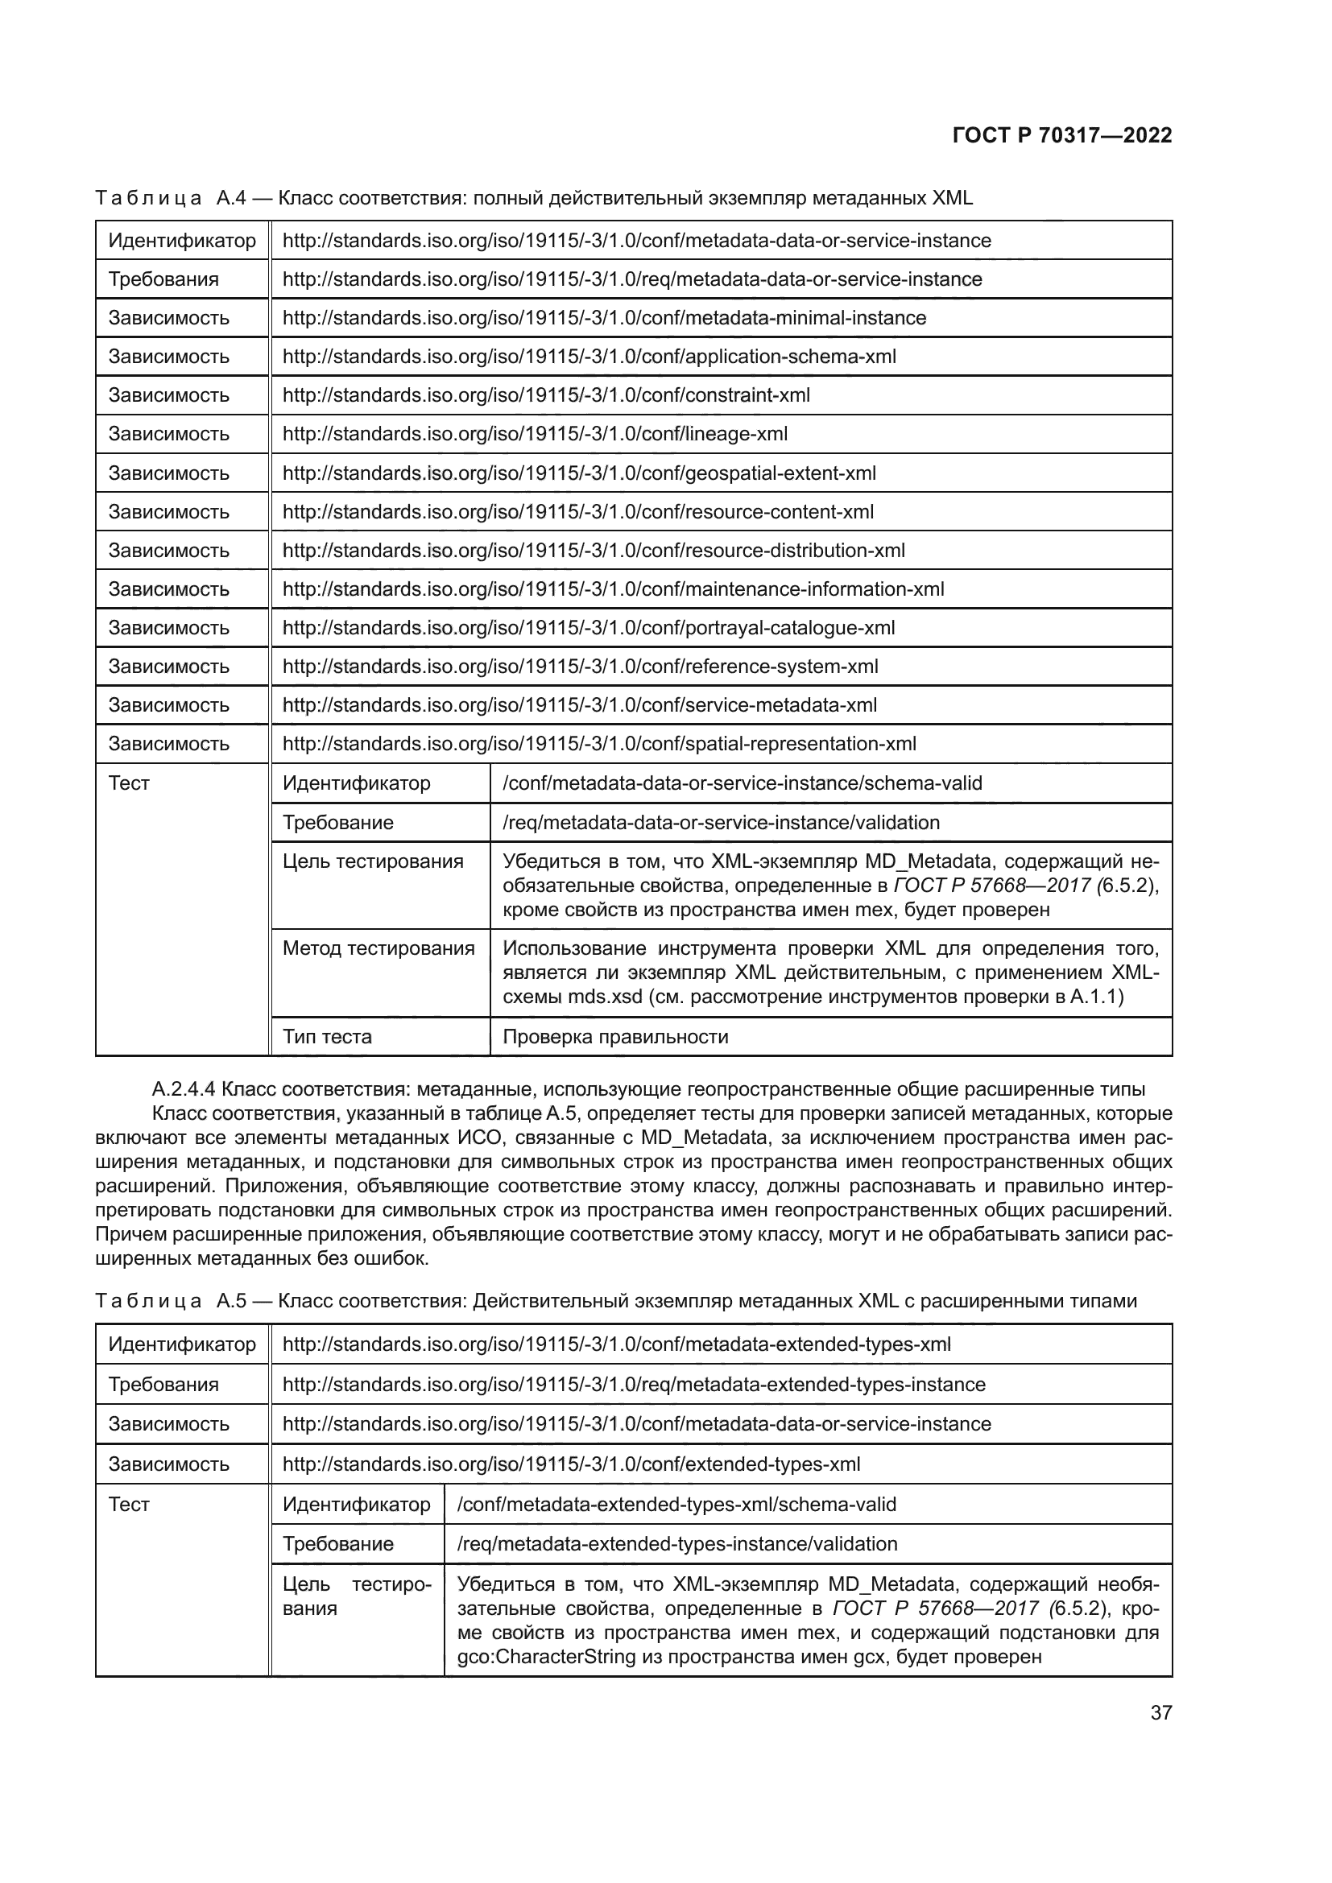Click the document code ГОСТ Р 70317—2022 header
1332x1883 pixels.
[x=1061, y=135]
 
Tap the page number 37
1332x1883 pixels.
[x=1160, y=1712]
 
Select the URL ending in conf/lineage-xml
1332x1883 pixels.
[x=535, y=434]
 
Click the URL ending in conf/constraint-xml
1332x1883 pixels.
[x=546, y=395]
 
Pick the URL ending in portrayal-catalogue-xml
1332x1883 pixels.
[x=588, y=628]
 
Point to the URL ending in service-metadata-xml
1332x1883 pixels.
[x=579, y=705]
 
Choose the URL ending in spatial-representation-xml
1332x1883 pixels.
[x=598, y=744]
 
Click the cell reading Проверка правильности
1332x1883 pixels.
[x=615, y=1037]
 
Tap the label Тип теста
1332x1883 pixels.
[x=327, y=1037]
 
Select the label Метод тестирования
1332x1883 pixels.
[x=379, y=949]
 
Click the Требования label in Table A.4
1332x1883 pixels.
[x=163, y=279]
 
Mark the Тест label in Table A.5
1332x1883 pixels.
[x=129, y=1504]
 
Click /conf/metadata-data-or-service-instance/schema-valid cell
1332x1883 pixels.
[x=742, y=783]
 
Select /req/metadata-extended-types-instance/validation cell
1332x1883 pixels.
[x=676, y=1543]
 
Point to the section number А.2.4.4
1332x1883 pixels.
[x=184, y=1089]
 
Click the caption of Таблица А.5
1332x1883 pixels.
[x=615, y=1301]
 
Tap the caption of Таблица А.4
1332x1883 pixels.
[x=533, y=198]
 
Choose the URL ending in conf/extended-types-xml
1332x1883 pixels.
[x=571, y=1464]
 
